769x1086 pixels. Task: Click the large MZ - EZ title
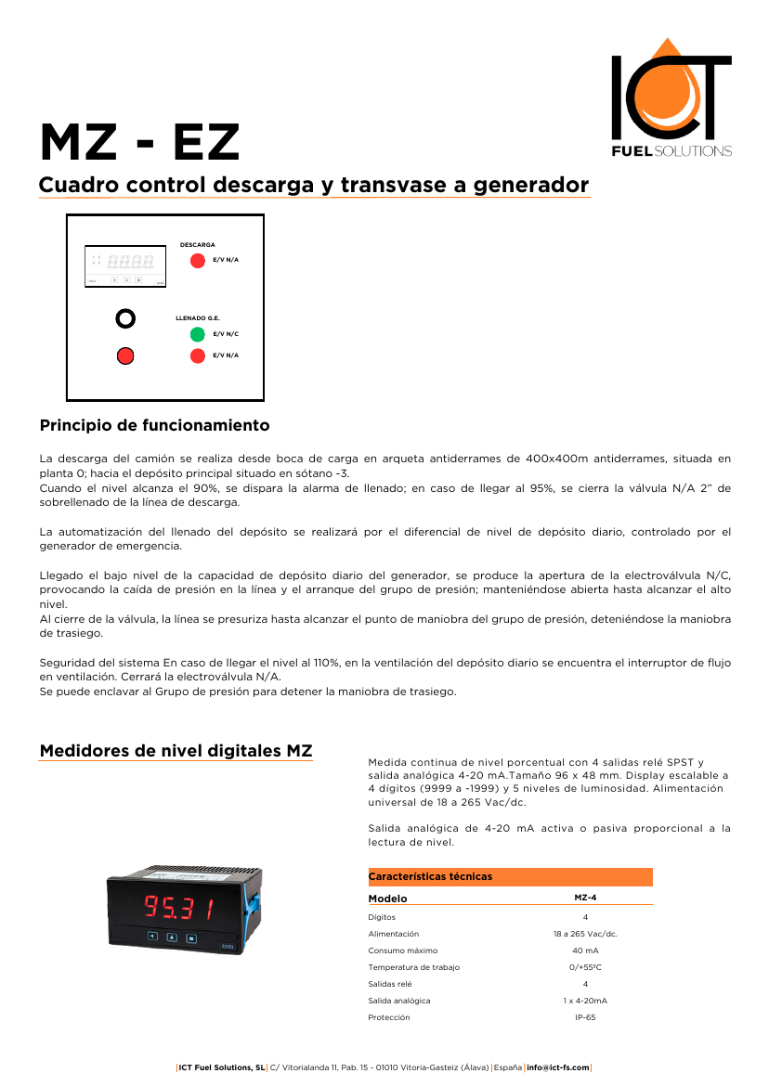pyautogui.click(x=139, y=143)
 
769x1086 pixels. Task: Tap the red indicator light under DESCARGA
pyautogui.click(x=198, y=260)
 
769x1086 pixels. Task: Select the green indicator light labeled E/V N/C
pyautogui.click(x=198, y=334)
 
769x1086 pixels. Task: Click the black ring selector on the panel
pyautogui.click(x=125, y=318)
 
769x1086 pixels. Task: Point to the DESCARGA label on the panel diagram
pyautogui.click(x=197, y=244)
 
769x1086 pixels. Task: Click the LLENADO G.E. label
pyautogui.click(x=197, y=318)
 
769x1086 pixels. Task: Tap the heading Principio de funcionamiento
pyautogui.click(x=154, y=426)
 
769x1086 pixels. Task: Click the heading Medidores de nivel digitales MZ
pyautogui.click(x=176, y=751)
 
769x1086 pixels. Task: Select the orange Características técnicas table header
pyautogui.click(x=510, y=876)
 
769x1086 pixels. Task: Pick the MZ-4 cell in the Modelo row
pyautogui.click(x=585, y=899)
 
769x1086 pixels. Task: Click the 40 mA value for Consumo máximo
pyautogui.click(x=585, y=950)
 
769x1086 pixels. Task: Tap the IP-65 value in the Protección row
pyautogui.click(x=585, y=1017)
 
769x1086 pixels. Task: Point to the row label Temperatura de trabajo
pyautogui.click(x=413, y=967)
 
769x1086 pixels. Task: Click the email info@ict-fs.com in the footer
pyautogui.click(x=558, y=1067)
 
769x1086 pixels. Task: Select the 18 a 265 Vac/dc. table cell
pyautogui.click(x=585, y=934)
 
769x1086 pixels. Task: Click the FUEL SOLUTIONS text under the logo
pyautogui.click(x=671, y=150)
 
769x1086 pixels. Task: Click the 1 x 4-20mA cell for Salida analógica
pyautogui.click(x=585, y=1001)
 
